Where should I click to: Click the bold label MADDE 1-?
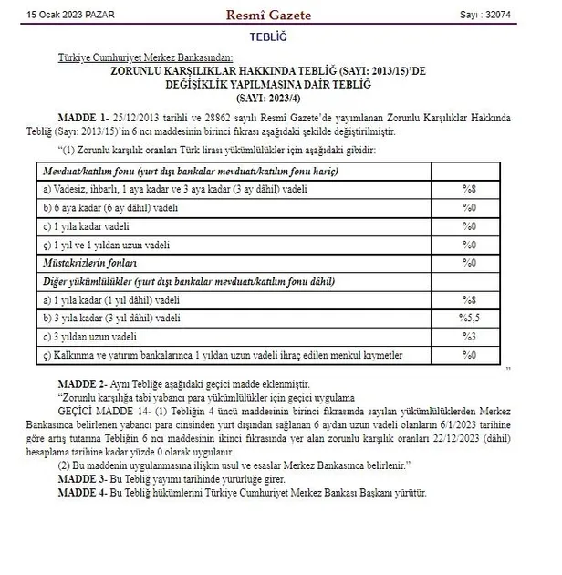(x=85, y=119)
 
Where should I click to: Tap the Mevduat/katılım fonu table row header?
(x=191, y=171)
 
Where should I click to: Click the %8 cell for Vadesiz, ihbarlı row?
(x=469, y=189)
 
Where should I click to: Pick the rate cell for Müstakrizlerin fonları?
(x=469, y=262)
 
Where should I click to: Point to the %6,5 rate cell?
(x=469, y=317)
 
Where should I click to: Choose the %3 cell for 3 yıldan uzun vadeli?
(x=469, y=335)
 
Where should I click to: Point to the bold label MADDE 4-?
(x=85, y=493)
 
